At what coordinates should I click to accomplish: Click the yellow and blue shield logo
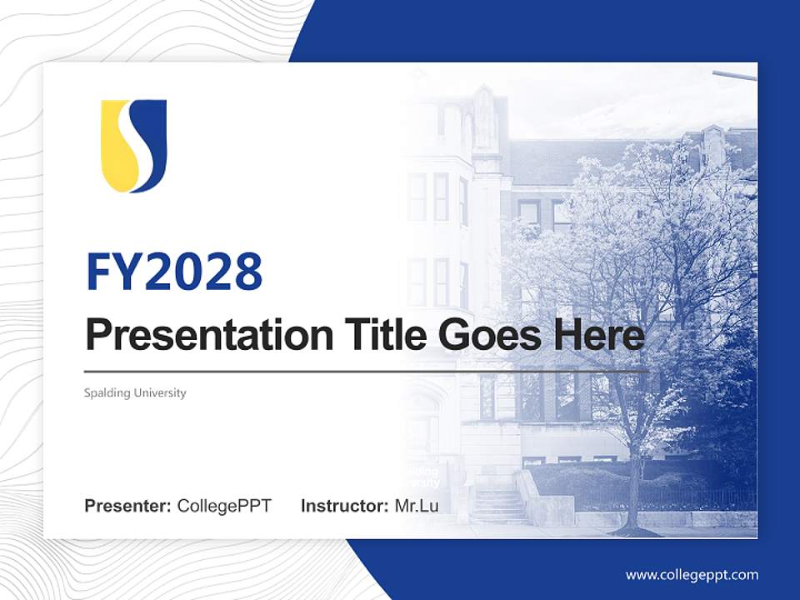[134, 146]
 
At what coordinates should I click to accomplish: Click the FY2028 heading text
[174, 272]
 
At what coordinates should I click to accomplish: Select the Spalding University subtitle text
[135, 392]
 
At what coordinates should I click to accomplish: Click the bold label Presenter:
[128, 506]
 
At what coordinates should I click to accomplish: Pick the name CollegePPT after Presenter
[224, 506]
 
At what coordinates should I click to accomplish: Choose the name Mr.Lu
[417, 506]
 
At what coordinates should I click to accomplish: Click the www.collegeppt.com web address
[692, 575]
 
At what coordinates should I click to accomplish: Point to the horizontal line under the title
[367, 371]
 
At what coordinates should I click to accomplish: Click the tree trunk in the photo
[635, 496]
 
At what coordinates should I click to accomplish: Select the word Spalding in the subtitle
[106, 392]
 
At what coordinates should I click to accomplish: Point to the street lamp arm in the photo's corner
[734, 75]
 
